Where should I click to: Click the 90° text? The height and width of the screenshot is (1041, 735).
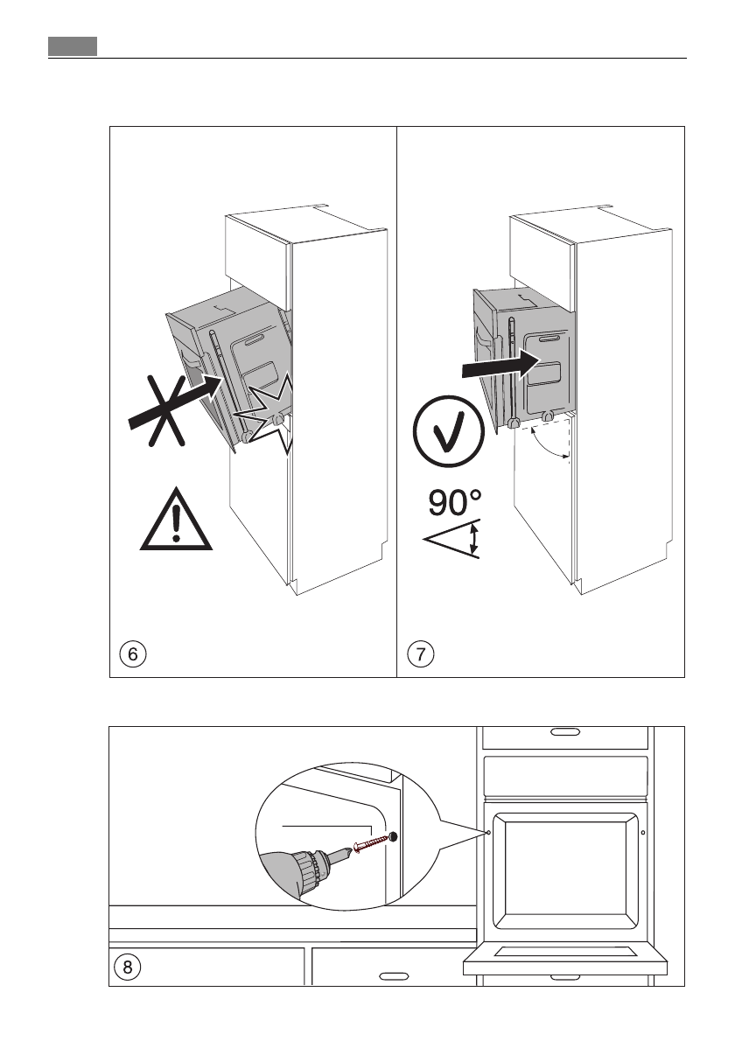point(455,505)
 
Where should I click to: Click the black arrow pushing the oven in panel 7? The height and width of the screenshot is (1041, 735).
point(495,365)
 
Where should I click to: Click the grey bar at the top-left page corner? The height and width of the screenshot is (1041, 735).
point(72,45)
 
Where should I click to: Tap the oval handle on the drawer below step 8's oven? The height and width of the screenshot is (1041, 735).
point(395,974)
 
